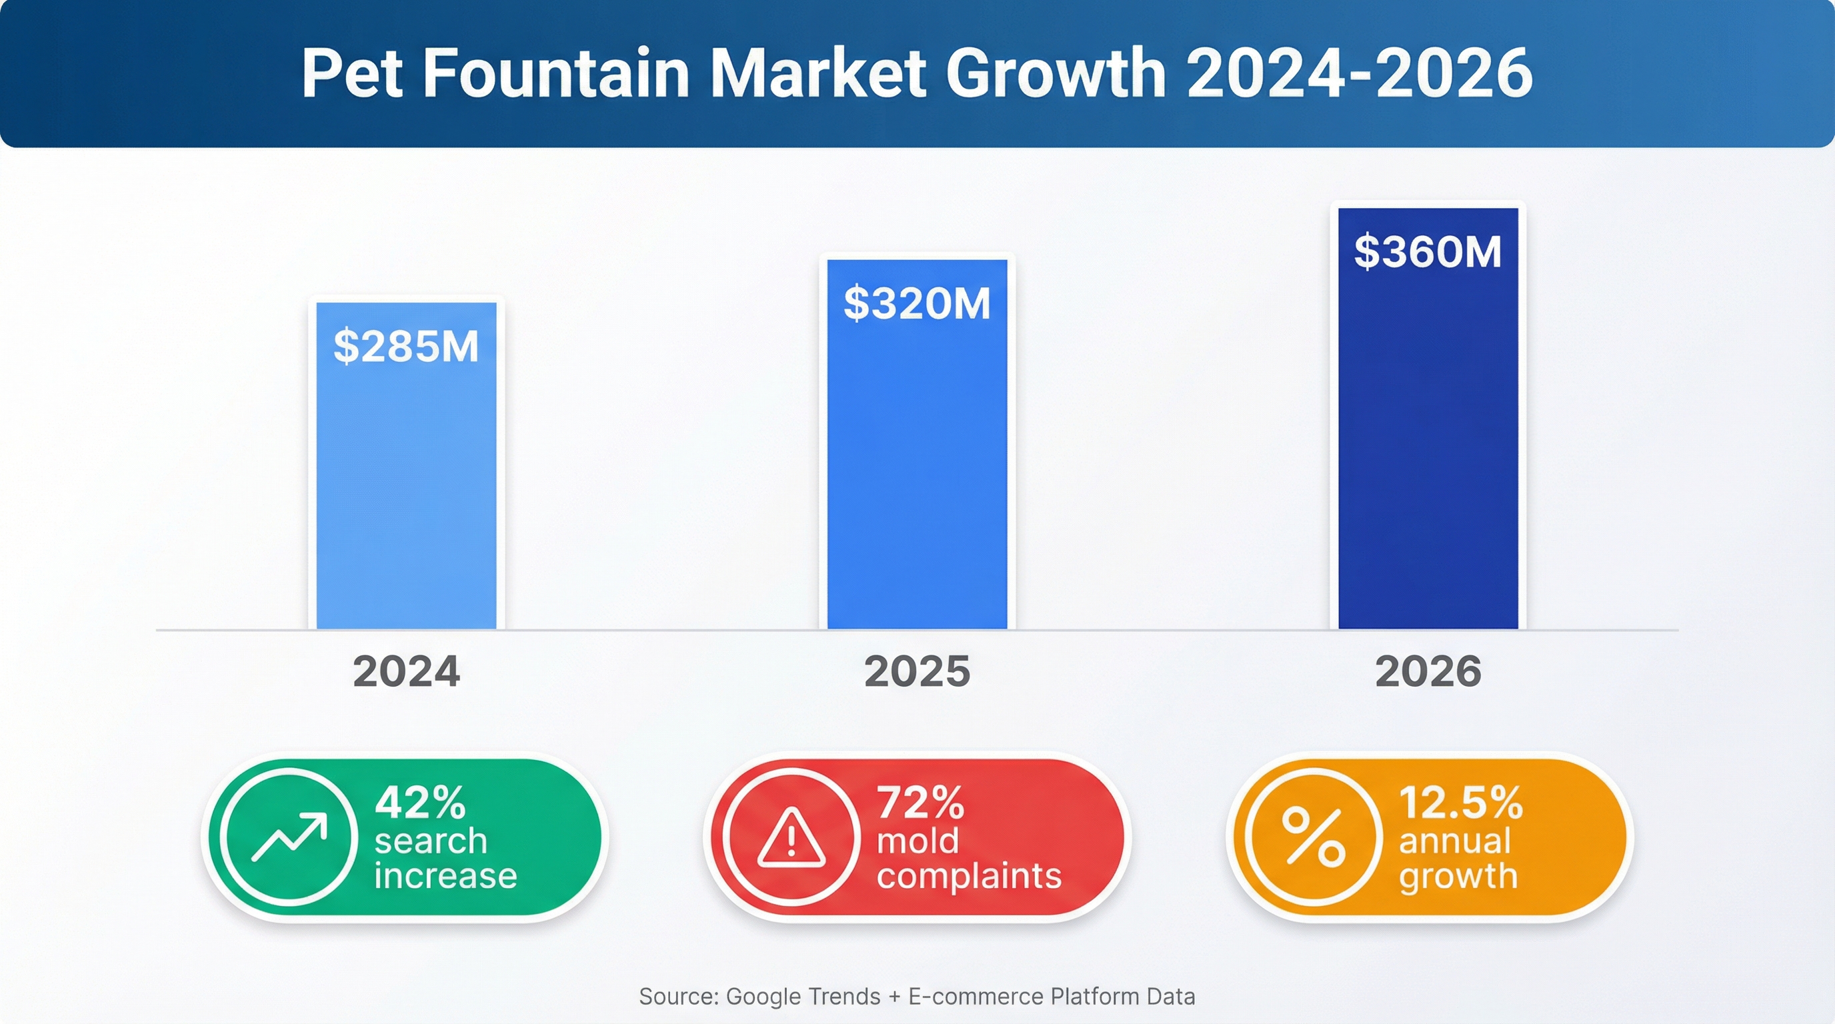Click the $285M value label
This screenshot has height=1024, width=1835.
(406, 347)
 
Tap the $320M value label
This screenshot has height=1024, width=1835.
(917, 303)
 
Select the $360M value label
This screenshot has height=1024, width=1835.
(1428, 252)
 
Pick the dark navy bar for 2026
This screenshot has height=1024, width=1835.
(1428, 456)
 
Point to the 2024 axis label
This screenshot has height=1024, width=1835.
(406, 671)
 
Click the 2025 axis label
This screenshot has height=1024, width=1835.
(917, 671)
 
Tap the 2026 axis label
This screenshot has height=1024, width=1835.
(1428, 671)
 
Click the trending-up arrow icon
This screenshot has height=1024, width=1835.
(289, 837)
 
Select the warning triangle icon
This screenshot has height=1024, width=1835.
(791, 838)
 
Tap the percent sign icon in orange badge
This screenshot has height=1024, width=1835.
(1314, 837)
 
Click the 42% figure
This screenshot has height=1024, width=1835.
(420, 803)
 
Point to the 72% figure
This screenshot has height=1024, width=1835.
(920, 803)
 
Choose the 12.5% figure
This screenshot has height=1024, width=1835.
(1460, 803)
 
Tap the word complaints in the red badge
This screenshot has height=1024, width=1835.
(969, 876)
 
